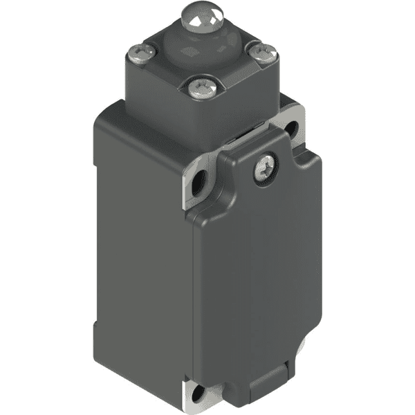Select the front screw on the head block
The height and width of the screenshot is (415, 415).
pos(201,86)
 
